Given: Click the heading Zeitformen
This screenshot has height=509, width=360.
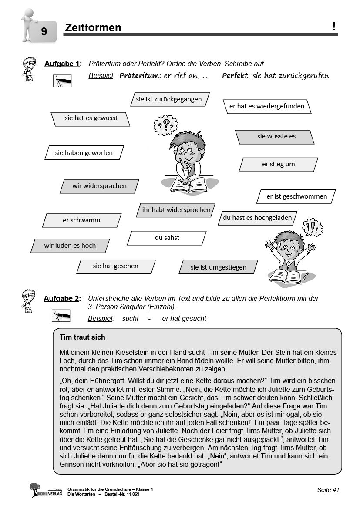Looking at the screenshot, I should pyautogui.click(x=93, y=28).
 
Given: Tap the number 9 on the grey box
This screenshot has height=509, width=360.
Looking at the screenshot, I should pyautogui.click(x=44, y=31).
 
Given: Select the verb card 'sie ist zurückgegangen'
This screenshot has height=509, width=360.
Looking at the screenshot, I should pyautogui.click(x=169, y=99).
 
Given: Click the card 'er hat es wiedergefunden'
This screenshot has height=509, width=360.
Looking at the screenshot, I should pyautogui.click(x=267, y=106).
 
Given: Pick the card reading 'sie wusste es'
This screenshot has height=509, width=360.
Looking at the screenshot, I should pyautogui.click(x=276, y=136).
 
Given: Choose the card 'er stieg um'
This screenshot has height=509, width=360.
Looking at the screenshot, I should pyautogui.click(x=278, y=164).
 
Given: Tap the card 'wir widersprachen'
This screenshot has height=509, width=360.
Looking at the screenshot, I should pyautogui.click(x=99, y=186).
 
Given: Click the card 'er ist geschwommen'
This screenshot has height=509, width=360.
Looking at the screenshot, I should pyautogui.click(x=296, y=196).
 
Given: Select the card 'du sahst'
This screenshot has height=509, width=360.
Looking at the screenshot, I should pyautogui.click(x=167, y=238).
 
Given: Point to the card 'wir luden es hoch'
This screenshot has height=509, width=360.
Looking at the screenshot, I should pyautogui.click(x=70, y=246).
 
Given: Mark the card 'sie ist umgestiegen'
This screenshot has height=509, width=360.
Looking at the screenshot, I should pyautogui.click(x=218, y=267).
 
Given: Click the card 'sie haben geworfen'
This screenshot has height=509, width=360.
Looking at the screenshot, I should pyautogui.click(x=84, y=152).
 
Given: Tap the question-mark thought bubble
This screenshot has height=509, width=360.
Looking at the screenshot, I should pyautogui.click(x=165, y=125).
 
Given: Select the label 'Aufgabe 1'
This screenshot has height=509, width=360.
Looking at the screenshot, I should pyautogui.click(x=63, y=64).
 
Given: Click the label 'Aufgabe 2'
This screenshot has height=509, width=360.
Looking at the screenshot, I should pyautogui.click(x=62, y=299).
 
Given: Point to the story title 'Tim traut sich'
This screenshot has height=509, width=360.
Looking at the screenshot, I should pyautogui.click(x=82, y=337).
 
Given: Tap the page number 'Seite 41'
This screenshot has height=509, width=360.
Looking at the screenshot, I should pyautogui.click(x=328, y=490).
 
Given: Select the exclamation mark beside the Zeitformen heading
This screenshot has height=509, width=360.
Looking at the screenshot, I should pyautogui.click(x=334, y=27).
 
